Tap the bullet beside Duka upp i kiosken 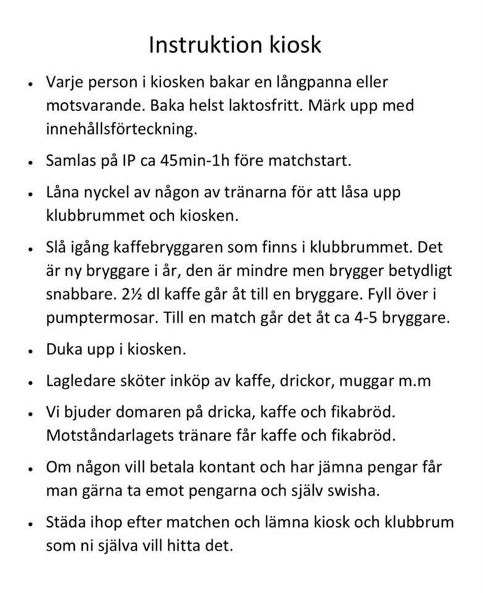(x=30, y=351)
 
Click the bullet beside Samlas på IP (x=30, y=163)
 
